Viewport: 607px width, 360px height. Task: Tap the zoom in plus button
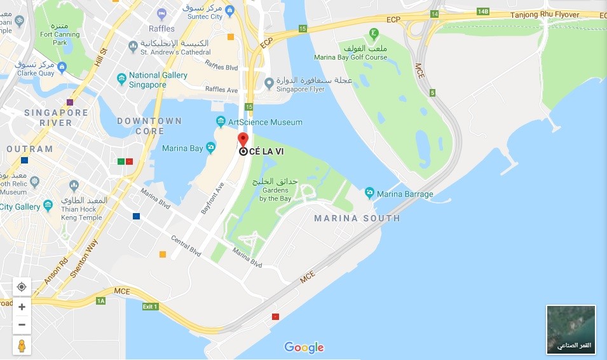pyautogui.click(x=22, y=307)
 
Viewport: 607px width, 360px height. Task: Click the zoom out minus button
pyautogui.click(x=22, y=324)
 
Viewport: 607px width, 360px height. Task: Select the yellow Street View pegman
pyautogui.click(x=22, y=345)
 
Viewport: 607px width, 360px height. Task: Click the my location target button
pyautogui.click(x=22, y=287)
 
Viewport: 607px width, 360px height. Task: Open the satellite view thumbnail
pyautogui.click(x=571, y=329)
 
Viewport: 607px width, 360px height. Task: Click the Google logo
pyautogui.click(x=304, y=347)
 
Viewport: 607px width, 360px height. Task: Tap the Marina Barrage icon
pyautogui.click(x=369, y=193)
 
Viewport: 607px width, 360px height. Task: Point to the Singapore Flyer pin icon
pyautogui.click(x=269, y=82)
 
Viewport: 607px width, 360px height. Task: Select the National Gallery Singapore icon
pyautogui.click(x=121, y=79)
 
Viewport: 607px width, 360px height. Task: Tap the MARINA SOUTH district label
pyautogui.click(x=357, y=218)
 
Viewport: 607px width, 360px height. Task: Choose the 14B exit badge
pyautogui.click(x=483, y=12)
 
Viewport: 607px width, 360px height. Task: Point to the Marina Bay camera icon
pyautogui.click(x=210, y=148)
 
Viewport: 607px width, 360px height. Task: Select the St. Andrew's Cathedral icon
pyautogui.click(x=133, y=46)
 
